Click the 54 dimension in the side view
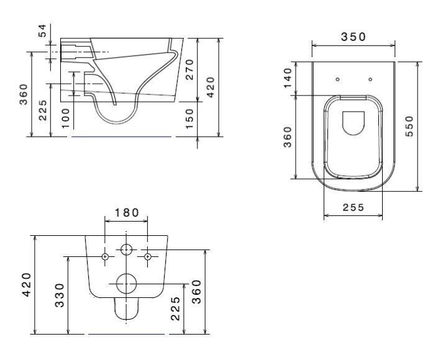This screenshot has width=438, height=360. pos(42,30)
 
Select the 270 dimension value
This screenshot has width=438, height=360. pos(189,70)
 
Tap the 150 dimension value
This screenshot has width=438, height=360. pos(189,119)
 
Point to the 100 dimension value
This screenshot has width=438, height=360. pos(65,119)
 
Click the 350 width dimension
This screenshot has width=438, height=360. pos(354,37)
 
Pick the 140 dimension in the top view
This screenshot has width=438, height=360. pos(288,78)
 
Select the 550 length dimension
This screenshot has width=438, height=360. pos(409,126)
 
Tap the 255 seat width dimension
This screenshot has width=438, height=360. pos(354,207)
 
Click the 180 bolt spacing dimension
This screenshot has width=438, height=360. pos(127,213)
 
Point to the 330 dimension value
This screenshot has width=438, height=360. pos(60,295)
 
